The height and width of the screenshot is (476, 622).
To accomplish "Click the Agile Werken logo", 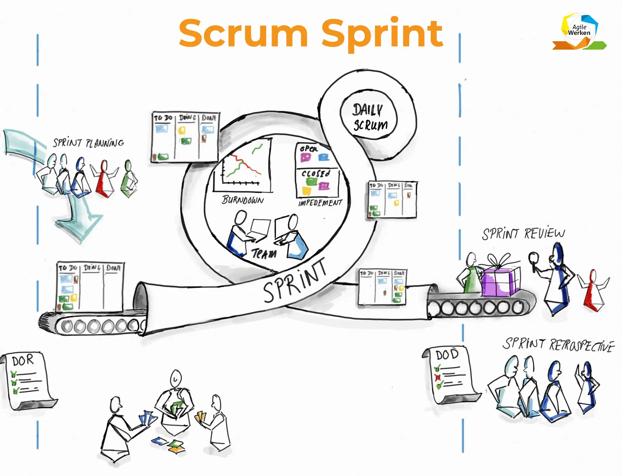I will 579,31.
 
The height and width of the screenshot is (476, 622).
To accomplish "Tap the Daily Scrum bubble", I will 369,117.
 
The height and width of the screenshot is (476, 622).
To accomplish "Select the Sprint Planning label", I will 88,143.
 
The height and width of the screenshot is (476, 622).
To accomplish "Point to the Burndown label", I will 243,200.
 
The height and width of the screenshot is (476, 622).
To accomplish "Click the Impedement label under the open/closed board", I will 320,203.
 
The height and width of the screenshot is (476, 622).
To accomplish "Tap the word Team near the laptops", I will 264,254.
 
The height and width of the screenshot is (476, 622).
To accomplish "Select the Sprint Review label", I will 523,234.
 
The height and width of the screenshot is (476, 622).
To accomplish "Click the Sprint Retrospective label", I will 558,345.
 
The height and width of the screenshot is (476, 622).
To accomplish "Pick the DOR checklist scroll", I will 27,381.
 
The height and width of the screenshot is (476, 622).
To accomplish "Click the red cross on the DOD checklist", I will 438,377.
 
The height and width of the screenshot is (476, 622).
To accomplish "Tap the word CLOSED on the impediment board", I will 316,174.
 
